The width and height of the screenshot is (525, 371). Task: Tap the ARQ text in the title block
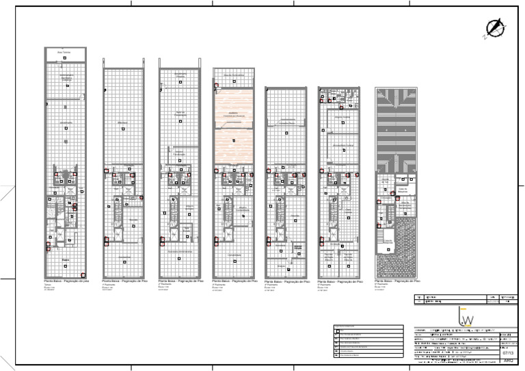click(x=507, y=361)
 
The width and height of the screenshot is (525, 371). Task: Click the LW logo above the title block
click(x=468, y=317)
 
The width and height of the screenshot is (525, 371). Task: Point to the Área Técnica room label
click(x=64, y=51)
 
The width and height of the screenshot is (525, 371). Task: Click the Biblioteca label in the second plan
click(x=123, y=123)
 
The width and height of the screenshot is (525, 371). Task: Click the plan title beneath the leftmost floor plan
click(x=67, y=281)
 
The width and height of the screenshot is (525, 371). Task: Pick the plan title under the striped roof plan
click(x=397, y=281)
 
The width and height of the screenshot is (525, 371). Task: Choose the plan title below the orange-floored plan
click(x=234, y=281)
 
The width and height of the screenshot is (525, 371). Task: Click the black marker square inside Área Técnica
click(x=64, y=58)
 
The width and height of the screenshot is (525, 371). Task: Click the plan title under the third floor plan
click(x=180, y=281)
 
